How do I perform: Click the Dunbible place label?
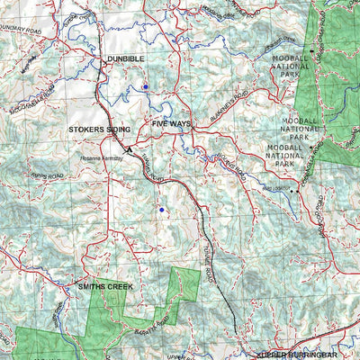coord(125,58)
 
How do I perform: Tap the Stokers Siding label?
coord(99,130)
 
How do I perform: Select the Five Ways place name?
coord(171,122)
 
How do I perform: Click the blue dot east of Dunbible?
coord(145,87)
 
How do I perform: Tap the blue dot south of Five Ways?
coord(161,210)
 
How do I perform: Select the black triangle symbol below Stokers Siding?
coord(129,149)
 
